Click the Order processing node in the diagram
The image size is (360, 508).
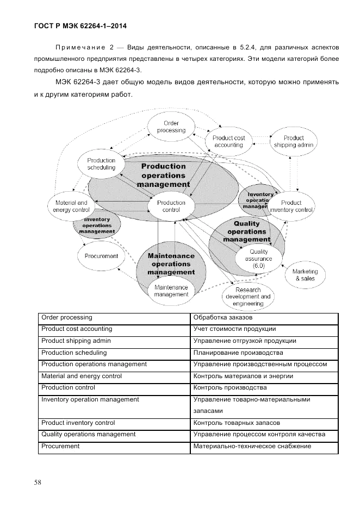(171, 127)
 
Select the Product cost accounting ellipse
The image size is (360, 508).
(228, 142)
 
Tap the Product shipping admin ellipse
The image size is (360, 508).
(293, 142)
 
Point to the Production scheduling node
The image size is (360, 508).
(101, 164)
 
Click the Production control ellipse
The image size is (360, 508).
(171, 206)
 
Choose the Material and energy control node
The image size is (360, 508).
(71, 206)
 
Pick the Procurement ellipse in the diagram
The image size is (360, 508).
(101, 256)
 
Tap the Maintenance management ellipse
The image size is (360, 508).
(171, 291)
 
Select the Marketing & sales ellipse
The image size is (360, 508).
(305, 275)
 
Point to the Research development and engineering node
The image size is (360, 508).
(248, 297)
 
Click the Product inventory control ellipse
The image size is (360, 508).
(291, 206)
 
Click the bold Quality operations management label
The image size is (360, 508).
(246, 231)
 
